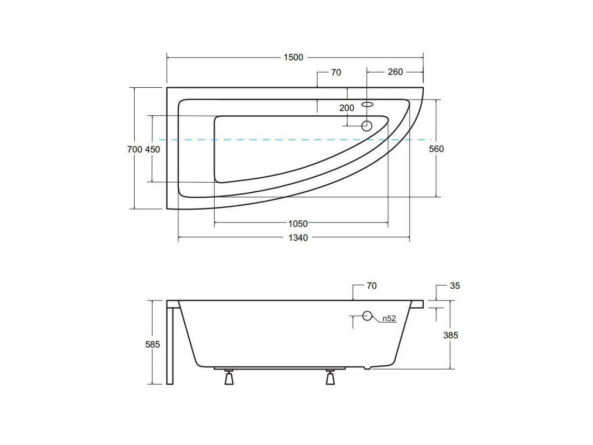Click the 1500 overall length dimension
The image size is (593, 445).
(x=293, y=58)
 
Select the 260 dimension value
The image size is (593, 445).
(x=395, y=72)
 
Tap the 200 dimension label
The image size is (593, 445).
(x=347, y=108)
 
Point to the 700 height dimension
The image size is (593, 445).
(x=135, y=149)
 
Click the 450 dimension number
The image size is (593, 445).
(x=153, y=149)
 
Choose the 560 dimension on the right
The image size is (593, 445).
(x=437, y=149)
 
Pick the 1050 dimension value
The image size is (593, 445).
(x=298, y=224)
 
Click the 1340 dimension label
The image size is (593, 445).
(x=298, y=238)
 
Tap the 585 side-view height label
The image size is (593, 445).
(x=153, y=344)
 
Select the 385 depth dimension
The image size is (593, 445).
(x=451, y=335)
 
